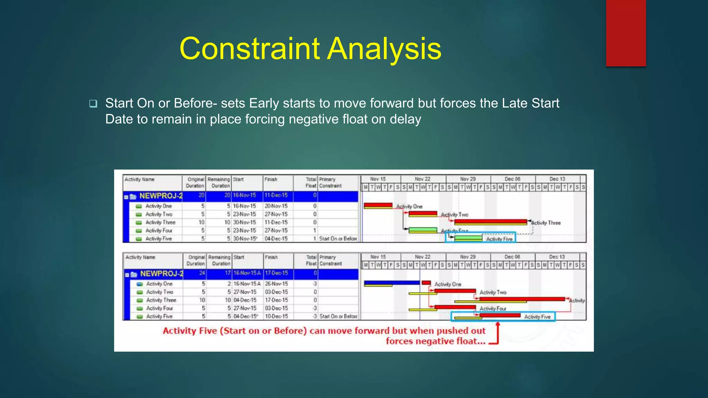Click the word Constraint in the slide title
[250, 49]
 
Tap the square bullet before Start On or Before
[93, 103]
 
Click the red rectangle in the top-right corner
[626, 33]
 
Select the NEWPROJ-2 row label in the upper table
[160, 196]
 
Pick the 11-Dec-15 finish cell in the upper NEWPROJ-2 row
[276, 195]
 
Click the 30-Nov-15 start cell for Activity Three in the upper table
[244, 222]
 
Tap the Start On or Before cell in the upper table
[338, 239]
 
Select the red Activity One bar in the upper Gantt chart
[378, 206]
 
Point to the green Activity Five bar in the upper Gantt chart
[468, 238]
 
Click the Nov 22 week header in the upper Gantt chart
[422, 179]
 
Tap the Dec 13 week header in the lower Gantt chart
[557, 257]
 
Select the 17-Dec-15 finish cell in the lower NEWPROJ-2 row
[276, 273]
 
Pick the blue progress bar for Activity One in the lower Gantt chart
[392, 283]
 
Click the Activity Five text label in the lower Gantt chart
[537, 317]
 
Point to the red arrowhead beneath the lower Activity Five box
[498, 324]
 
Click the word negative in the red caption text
[430, 341]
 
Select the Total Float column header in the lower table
[311, 260]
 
